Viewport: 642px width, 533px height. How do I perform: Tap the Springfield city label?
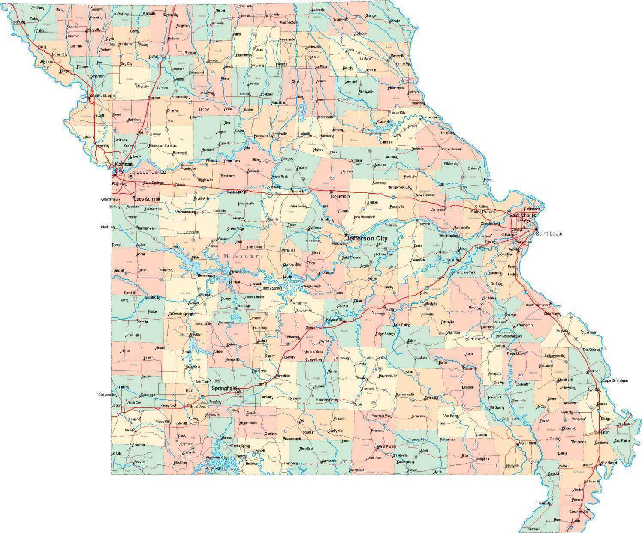click(x=224, y=388)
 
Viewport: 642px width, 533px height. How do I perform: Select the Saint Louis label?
click(x=549, y=234)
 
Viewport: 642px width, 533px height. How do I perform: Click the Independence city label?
click(x=149, y=172)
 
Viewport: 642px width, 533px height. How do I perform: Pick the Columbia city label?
click(x=341, y=196)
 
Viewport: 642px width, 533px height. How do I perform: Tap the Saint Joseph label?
click(x=102, y=95)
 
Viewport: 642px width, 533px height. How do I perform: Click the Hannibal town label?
click(x=417, y=103)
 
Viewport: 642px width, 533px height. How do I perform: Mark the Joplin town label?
click(x=116, y=404)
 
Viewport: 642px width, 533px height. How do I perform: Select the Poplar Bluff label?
click(x=527, y=443)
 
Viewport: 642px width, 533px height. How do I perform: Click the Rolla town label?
click(x=389, y=309)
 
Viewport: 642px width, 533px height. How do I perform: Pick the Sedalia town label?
click(x=238, y=218)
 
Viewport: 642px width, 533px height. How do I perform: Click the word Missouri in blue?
click(x=243, y=256)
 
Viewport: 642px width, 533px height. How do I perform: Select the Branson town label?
click(x=239, y=456)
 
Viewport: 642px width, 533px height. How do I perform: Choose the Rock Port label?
click(x=18, y=22)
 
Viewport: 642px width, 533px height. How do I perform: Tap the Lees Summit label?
click(x=147, y=199)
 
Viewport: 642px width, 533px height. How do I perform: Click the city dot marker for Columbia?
click(x=330, y=192)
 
